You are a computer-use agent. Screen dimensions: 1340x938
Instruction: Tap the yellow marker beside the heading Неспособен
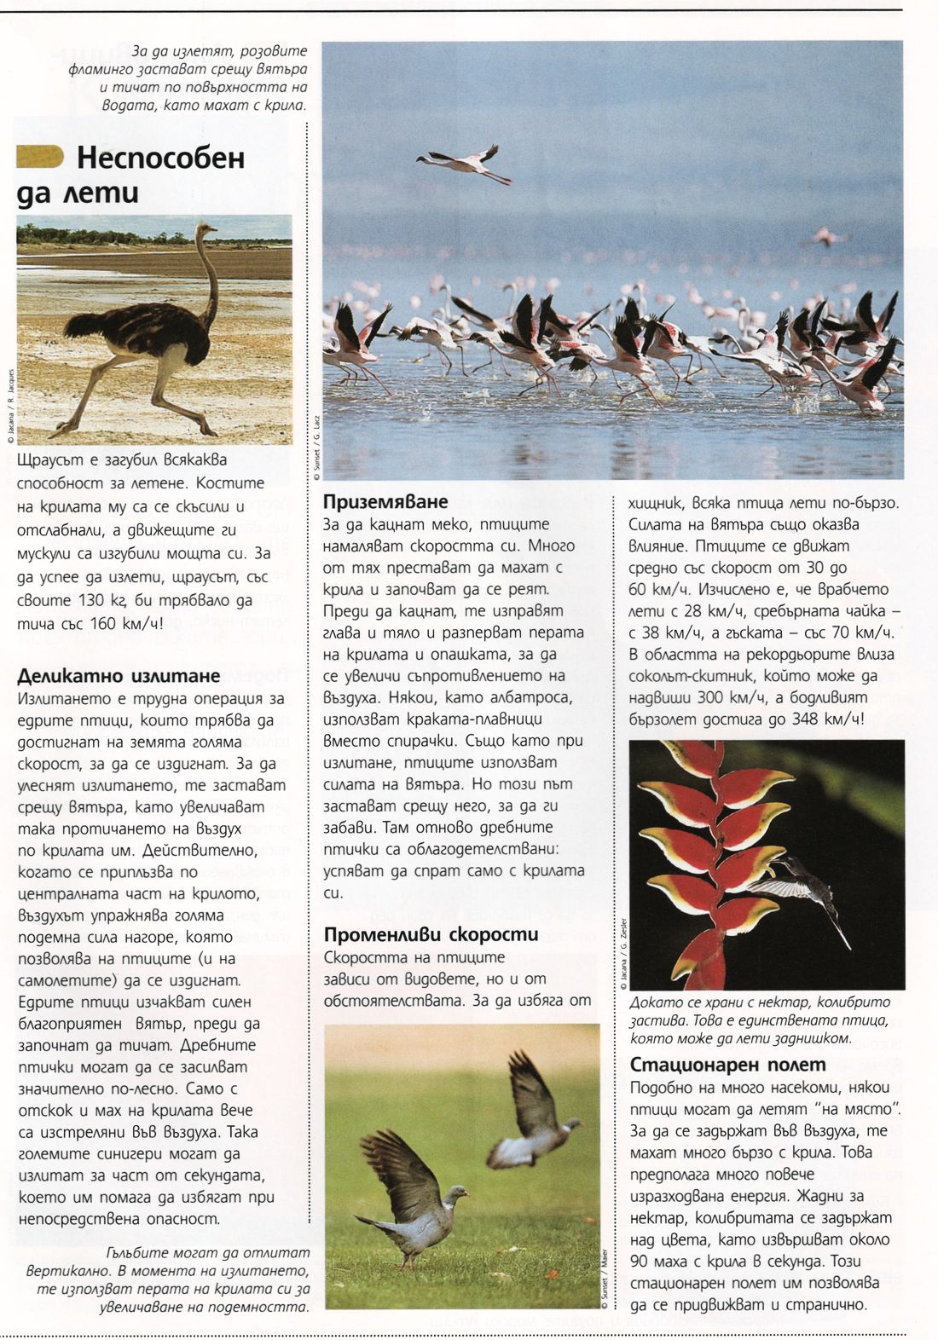40,157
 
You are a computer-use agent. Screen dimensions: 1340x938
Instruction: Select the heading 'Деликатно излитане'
119,676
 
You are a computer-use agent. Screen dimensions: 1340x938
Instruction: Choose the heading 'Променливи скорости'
431,934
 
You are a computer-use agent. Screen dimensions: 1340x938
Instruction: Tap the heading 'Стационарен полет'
727,1064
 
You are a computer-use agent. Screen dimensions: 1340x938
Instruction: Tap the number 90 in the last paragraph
640,1262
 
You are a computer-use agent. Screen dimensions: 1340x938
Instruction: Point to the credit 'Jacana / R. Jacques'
10,405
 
